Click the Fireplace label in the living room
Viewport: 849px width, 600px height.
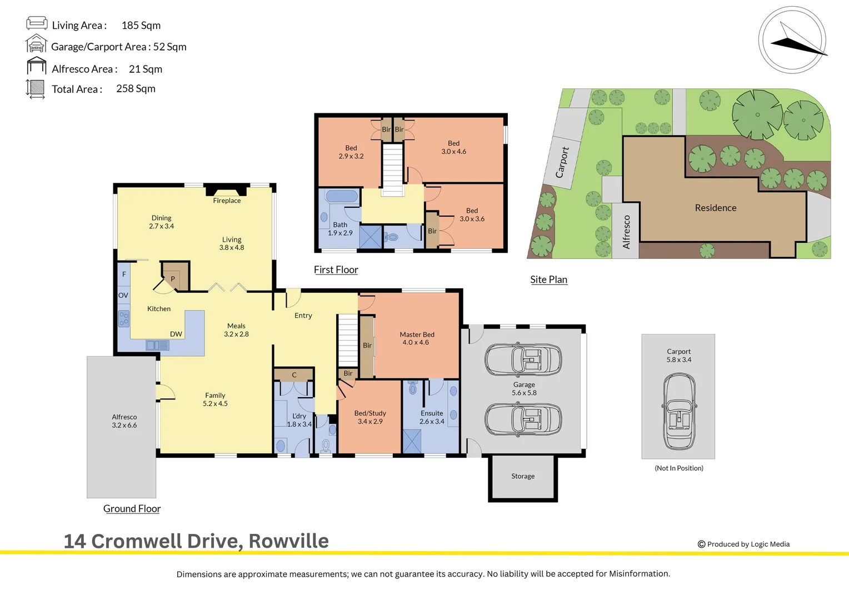point(227,201)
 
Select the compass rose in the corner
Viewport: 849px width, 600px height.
point(792,40)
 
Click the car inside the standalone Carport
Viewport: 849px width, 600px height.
point(678,411)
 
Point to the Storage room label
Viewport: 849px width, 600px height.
point(523,476)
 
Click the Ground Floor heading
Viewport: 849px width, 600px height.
point(132,509)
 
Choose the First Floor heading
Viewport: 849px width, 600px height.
point(336,270)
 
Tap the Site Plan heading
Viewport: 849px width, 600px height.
point(548,280)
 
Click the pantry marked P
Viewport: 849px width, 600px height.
point(173,278)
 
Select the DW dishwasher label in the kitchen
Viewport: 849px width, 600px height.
point(176,334)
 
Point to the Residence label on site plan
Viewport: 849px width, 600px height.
point(716,208)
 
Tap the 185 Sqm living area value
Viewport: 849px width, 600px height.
point(141,26)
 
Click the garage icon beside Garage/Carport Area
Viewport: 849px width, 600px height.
point(36,44)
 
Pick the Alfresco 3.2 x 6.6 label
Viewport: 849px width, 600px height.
point(124,421)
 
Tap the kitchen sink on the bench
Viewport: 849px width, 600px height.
point(157,346)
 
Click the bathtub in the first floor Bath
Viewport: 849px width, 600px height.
point(342,197)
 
